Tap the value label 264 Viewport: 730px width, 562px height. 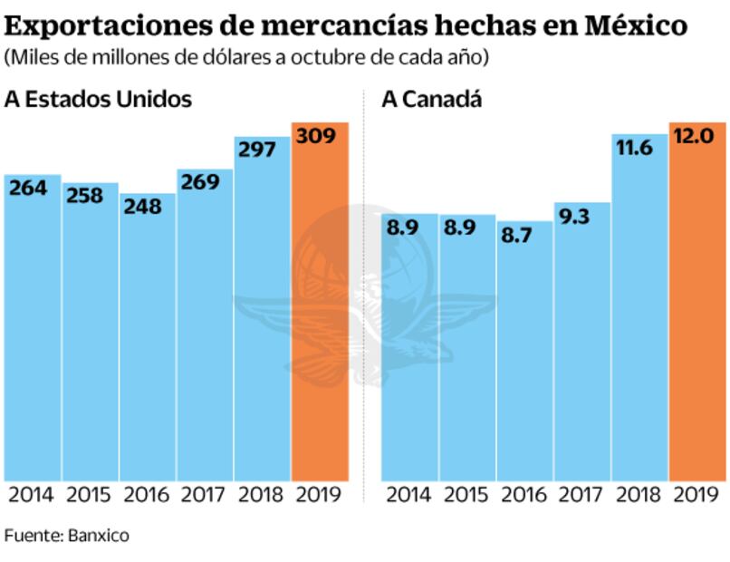(x=28, y=189)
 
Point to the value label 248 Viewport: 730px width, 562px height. (x=143, y=207)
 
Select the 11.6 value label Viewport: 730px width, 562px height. (x=634, y=147)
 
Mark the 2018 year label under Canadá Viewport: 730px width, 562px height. (x=639, y=495)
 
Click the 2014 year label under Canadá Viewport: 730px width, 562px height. (x=408, y=495)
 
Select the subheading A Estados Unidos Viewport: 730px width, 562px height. (x=98, y=99)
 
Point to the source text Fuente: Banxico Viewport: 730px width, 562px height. (x=67, y=535)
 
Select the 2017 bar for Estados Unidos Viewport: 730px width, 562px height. (x=205, y=326)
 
